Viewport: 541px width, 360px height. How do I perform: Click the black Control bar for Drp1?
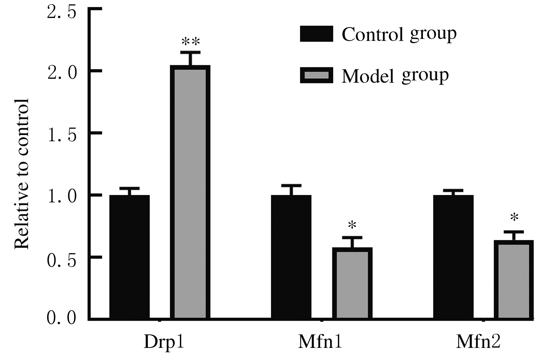pyautogui.click(x=130, y=257)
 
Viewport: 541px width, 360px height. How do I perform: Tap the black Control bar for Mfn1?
pyautogui.click(x=291, y=257)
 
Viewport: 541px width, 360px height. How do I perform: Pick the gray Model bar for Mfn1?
pyautogui.click(x=352, y=283)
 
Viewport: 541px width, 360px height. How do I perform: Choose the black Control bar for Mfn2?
pyautogui.click(x=453, y=257)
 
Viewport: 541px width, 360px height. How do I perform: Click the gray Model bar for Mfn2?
pyautogui.click(x=514, y=280)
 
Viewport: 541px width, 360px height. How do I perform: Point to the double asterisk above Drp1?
pyautogui.click(x=190, y=42)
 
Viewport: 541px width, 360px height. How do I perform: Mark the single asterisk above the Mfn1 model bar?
pyautogui.click(x=352, y=226)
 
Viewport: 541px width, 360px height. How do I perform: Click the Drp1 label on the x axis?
pyautogui.click(x=164, y=342)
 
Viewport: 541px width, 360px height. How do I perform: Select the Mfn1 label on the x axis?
pyautogui.click(x=320, y=342)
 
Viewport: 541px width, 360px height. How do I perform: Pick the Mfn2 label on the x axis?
pyautogui.click(x=478, y=342)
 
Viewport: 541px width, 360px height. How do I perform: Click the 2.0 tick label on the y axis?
pyautogui.click(x=61, y=71)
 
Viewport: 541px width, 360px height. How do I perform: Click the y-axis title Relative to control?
pyautogui.click(x=22, y=173)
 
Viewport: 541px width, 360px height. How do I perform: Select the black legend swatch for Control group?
pyautogui.click(x=316, y=34)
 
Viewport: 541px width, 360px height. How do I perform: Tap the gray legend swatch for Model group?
pyautogui.click(x=316, y=75)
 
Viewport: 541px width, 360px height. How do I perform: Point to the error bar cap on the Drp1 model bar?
pyautogui.click(x=190, y=52)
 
